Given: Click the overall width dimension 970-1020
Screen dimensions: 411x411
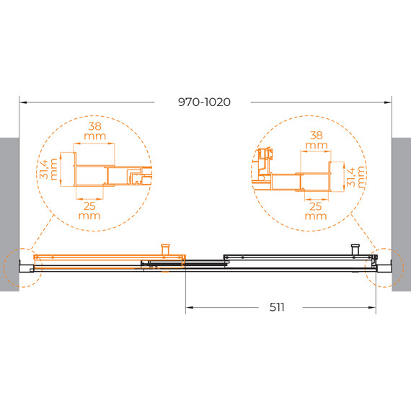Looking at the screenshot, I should click(204, 102).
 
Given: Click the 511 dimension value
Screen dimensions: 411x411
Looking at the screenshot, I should click(278, 306).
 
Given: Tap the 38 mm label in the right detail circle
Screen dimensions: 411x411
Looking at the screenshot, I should click(316, 139).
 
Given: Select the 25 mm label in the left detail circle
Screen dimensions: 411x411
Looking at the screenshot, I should click(89, 210).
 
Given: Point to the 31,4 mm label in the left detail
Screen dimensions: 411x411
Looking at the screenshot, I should click(48, 171).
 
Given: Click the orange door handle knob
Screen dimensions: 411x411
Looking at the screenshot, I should click(166, 249).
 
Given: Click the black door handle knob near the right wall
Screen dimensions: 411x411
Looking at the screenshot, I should click(355, 249).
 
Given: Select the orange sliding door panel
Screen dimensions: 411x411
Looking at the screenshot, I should click(108, 257).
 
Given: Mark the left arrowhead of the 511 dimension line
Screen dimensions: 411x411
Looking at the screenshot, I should click(190, 307).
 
